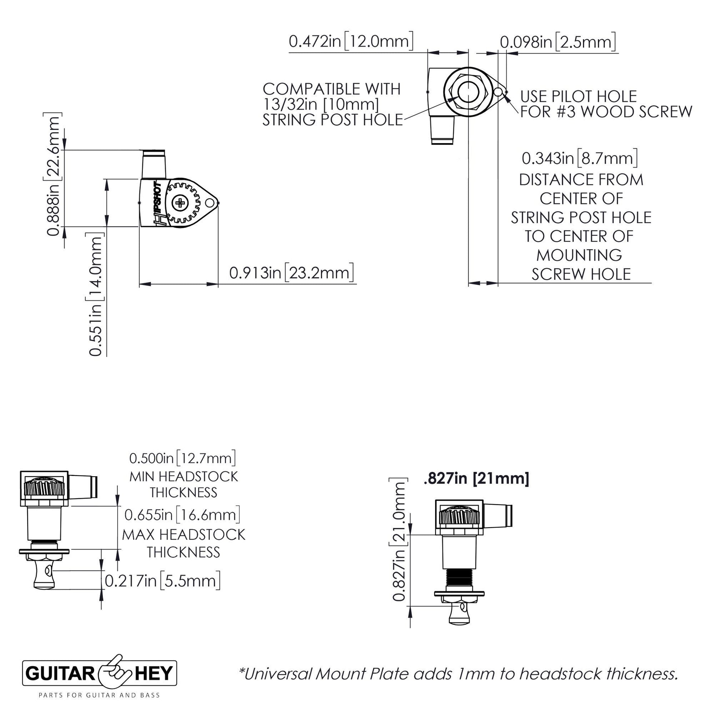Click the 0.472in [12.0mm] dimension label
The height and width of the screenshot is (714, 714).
click(350, 41)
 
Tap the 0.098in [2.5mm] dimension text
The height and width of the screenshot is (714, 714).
click(558, 42)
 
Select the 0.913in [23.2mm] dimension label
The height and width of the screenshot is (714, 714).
click(291, 273)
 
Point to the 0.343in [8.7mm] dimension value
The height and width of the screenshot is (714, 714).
click(579, 159)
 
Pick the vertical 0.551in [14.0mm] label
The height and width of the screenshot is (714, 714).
click(95, 294)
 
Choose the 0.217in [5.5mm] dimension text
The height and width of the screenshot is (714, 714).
click(163, 581)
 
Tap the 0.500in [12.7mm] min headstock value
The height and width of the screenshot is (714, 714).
click(183, 459)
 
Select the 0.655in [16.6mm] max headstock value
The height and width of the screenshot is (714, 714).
click(183, 514)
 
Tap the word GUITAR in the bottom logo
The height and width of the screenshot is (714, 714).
click(61, 674)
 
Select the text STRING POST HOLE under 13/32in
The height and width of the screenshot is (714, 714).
click(332, 120)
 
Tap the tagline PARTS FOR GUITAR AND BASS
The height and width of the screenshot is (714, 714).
click(99, 696)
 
